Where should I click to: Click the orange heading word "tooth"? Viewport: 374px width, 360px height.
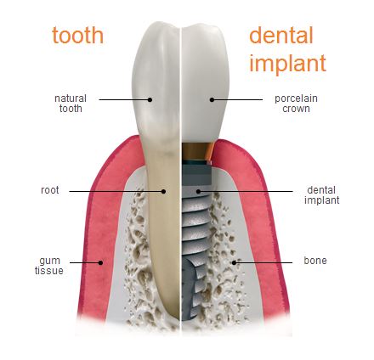pos(77,35)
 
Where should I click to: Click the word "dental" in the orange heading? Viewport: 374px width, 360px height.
pos(281,35)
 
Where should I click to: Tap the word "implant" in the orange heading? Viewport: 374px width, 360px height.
pos(287,64)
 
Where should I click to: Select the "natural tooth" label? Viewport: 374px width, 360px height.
pos(71,104)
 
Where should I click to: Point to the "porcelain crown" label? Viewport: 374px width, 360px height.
pos(296,104)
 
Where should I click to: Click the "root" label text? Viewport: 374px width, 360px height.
pos(50,190)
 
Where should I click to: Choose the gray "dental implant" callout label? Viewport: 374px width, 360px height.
pos(321,195)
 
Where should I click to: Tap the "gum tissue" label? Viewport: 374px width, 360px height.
pos(49,266)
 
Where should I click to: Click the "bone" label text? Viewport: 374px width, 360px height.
pos(315,261)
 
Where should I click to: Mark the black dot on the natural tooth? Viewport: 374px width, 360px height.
pos(150,99)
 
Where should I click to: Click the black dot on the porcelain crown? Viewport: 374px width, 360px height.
pos(212,99)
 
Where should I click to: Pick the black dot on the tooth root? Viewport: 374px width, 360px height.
pos(163,191)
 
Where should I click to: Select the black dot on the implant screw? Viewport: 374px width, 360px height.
pos(198,191)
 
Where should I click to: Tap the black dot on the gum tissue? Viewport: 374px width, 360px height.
pos(100,262)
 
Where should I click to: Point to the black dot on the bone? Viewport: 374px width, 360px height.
pos(234,262)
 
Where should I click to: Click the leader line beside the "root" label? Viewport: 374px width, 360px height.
pos(116,191)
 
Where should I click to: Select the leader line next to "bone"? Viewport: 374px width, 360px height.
pos(263,262)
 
